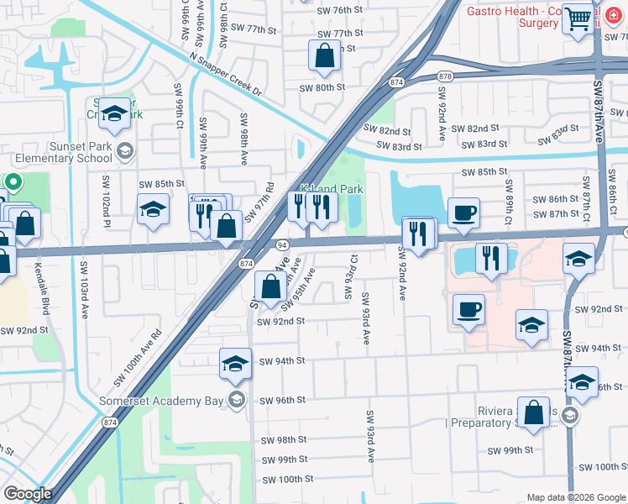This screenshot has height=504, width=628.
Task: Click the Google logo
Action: (27, 494)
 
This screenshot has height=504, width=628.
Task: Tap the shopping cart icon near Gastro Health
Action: (578, 18)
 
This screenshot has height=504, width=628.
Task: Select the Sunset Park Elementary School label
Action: (58, 151)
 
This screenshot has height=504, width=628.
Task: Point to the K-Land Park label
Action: (332, 190)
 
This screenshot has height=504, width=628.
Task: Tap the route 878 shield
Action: (445, 76)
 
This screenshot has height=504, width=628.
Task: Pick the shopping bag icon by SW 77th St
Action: (324, 57)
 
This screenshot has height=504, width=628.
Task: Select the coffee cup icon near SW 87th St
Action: (463, 213)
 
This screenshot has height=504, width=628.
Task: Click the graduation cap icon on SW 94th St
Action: (236, 363)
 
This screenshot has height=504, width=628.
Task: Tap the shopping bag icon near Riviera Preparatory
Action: (534, 413)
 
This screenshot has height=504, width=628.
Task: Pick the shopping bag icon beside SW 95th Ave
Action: (270, 288)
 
